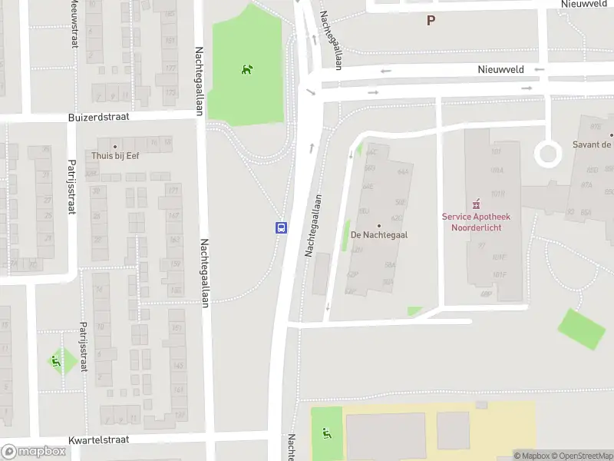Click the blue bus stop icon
[x=282, y=227]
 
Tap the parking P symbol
[x=431, y=21]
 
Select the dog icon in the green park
[x=247, y=70]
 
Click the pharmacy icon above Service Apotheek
[x=476, y=204]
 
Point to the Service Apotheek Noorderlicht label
[x=476, y=222]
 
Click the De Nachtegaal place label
[x=378, y=235]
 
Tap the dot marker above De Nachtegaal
[x=378, y=226]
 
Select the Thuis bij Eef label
[x=116, y=155]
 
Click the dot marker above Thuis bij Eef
[x=116, y=146]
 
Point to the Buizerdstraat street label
[x=98, y=118]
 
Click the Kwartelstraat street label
[x=98, y=440]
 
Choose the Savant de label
[x=593, y=144]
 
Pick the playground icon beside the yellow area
[x=327, y=434]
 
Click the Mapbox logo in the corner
[x=34, y=452]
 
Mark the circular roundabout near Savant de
[x=548, y=154]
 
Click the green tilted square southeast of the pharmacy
[x=581, y=330]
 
